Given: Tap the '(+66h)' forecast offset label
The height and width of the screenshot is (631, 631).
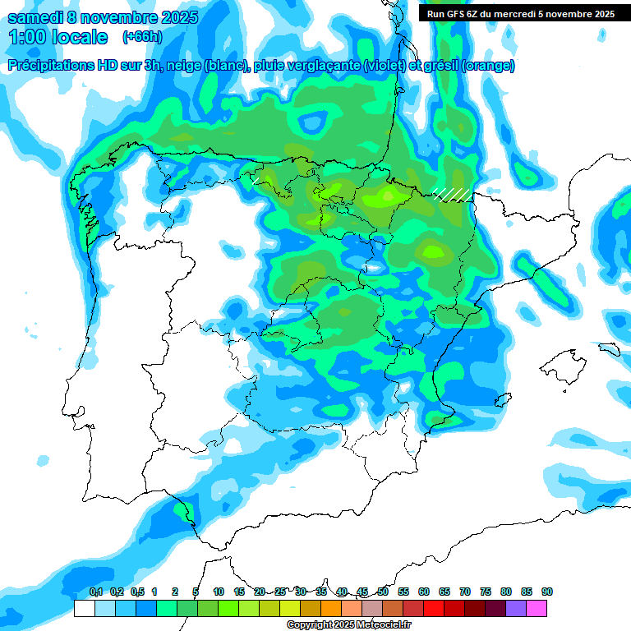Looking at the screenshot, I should point(142,37).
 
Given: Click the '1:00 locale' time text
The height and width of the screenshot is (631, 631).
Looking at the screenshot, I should point(58,37).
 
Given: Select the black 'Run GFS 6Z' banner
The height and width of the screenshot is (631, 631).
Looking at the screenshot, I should point(521,14).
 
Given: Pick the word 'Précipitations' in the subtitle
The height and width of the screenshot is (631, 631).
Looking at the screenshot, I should point(50,66).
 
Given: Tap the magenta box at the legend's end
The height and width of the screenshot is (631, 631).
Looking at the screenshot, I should point(537,609).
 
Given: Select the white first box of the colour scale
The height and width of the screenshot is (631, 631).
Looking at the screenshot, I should point(84,609).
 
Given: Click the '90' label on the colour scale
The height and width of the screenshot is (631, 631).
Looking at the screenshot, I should point(547,592).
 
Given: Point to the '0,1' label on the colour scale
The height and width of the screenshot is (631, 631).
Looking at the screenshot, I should point(95,592).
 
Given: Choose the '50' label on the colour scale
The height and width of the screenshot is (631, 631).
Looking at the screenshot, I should point(383,592).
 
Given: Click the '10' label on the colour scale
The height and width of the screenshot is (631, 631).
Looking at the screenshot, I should point(219,592).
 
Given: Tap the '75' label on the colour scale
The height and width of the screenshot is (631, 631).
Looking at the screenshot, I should point(486,592).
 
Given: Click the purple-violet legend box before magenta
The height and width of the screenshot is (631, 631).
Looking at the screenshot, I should point(516,609).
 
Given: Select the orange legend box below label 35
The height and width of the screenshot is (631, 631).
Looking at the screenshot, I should point(331,609).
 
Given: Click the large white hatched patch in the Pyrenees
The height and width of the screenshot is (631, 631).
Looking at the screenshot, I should point(454,193).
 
